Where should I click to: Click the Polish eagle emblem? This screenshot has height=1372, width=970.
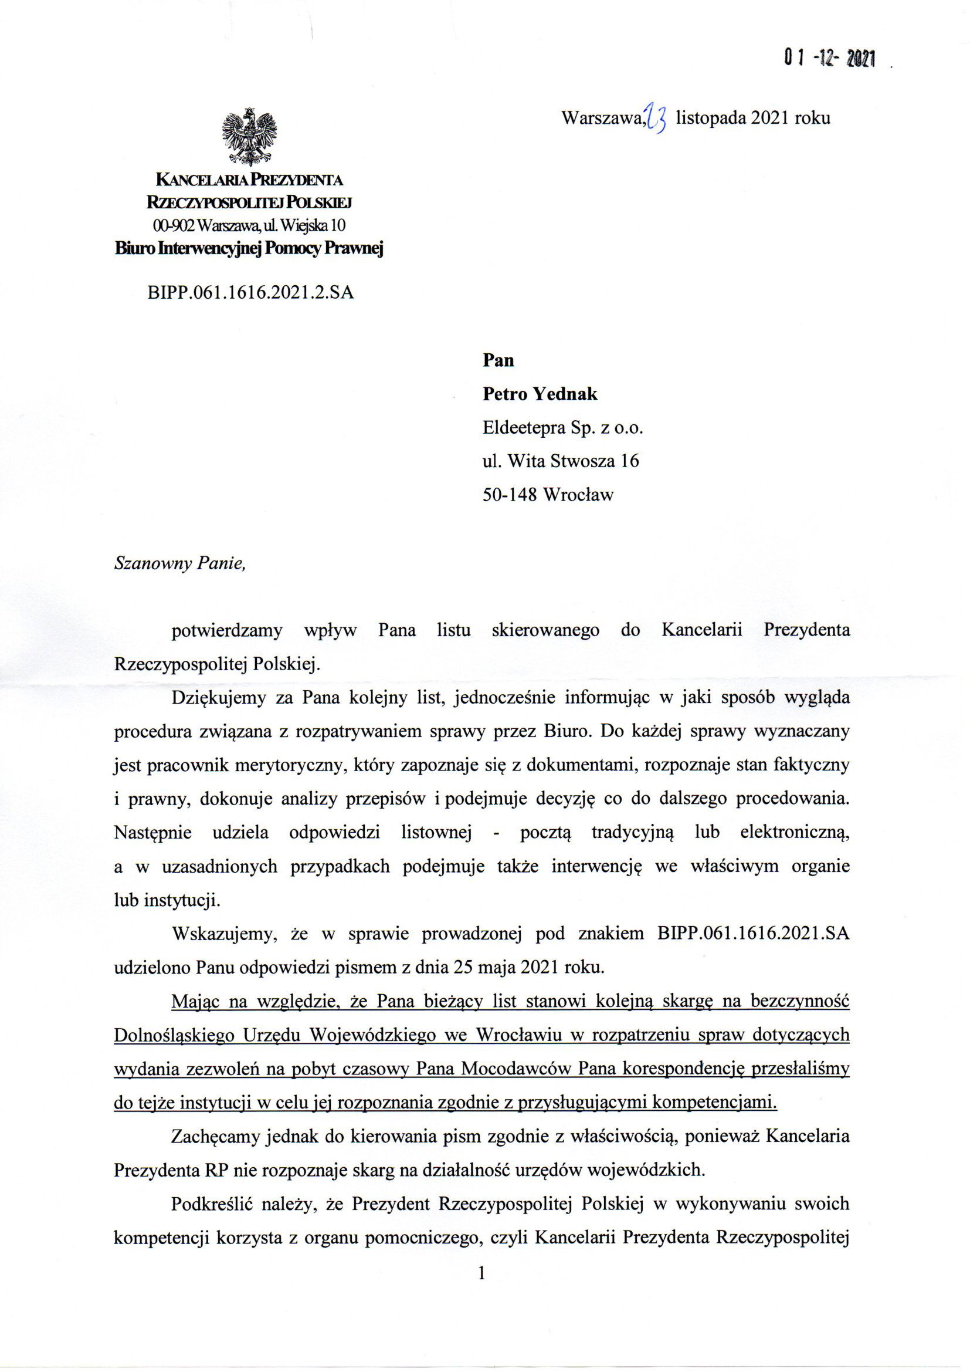coord(249,137)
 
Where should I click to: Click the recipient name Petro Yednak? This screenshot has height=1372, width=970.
coord(540,394)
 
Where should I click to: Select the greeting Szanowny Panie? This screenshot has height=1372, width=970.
coord(180,565)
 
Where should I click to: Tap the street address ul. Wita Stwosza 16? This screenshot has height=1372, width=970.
coord(560,461)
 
